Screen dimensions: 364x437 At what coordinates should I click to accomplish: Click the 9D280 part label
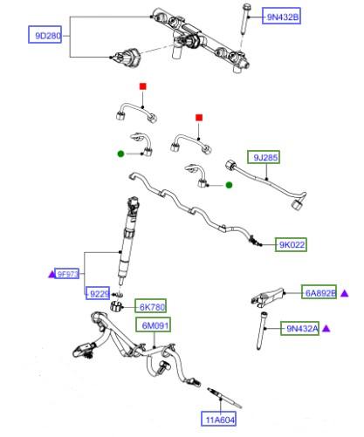tap(45, 35)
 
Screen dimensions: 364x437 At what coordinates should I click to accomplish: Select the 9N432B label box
tap(281, 17)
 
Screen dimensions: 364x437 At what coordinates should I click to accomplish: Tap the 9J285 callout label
tap(264, 157)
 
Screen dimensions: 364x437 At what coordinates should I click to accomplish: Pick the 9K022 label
tap(291, 244)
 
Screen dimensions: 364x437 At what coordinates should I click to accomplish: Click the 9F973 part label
tap(67, 274)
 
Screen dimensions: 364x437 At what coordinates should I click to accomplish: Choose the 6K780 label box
tap(150, 306)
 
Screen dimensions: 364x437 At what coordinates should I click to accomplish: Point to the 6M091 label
tap(154, 324)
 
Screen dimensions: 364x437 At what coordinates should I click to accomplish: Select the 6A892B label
tap(319, 292)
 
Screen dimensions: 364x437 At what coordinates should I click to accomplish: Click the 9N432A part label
tap(299, 328)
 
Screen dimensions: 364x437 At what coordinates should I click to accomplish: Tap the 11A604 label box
tap(218, 419)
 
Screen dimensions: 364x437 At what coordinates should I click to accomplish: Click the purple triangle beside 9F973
tap(52, 274)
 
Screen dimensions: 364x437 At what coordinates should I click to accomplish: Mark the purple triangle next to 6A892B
tap(345, 293)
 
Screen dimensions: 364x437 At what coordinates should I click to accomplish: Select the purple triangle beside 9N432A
tap(326, 329)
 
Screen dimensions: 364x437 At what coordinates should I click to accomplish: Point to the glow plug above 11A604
tap(224, 398)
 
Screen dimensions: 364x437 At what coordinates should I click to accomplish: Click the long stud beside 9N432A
tap(262, 331)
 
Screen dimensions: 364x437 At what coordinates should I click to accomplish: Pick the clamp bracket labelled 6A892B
tap(268, 297)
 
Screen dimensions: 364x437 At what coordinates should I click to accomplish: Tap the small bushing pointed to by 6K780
tap(115, 306)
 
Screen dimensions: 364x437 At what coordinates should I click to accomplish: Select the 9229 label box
tap(98, 293)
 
